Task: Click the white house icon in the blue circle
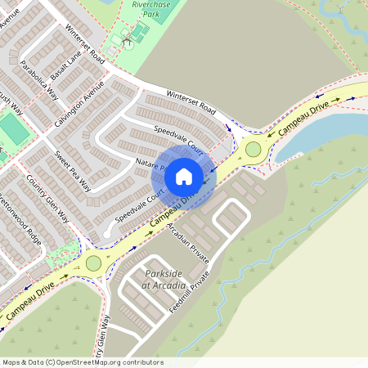184,176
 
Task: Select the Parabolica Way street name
38,79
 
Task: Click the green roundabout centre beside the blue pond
253,149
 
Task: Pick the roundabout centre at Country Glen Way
93,263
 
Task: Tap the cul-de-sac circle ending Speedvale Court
107,236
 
